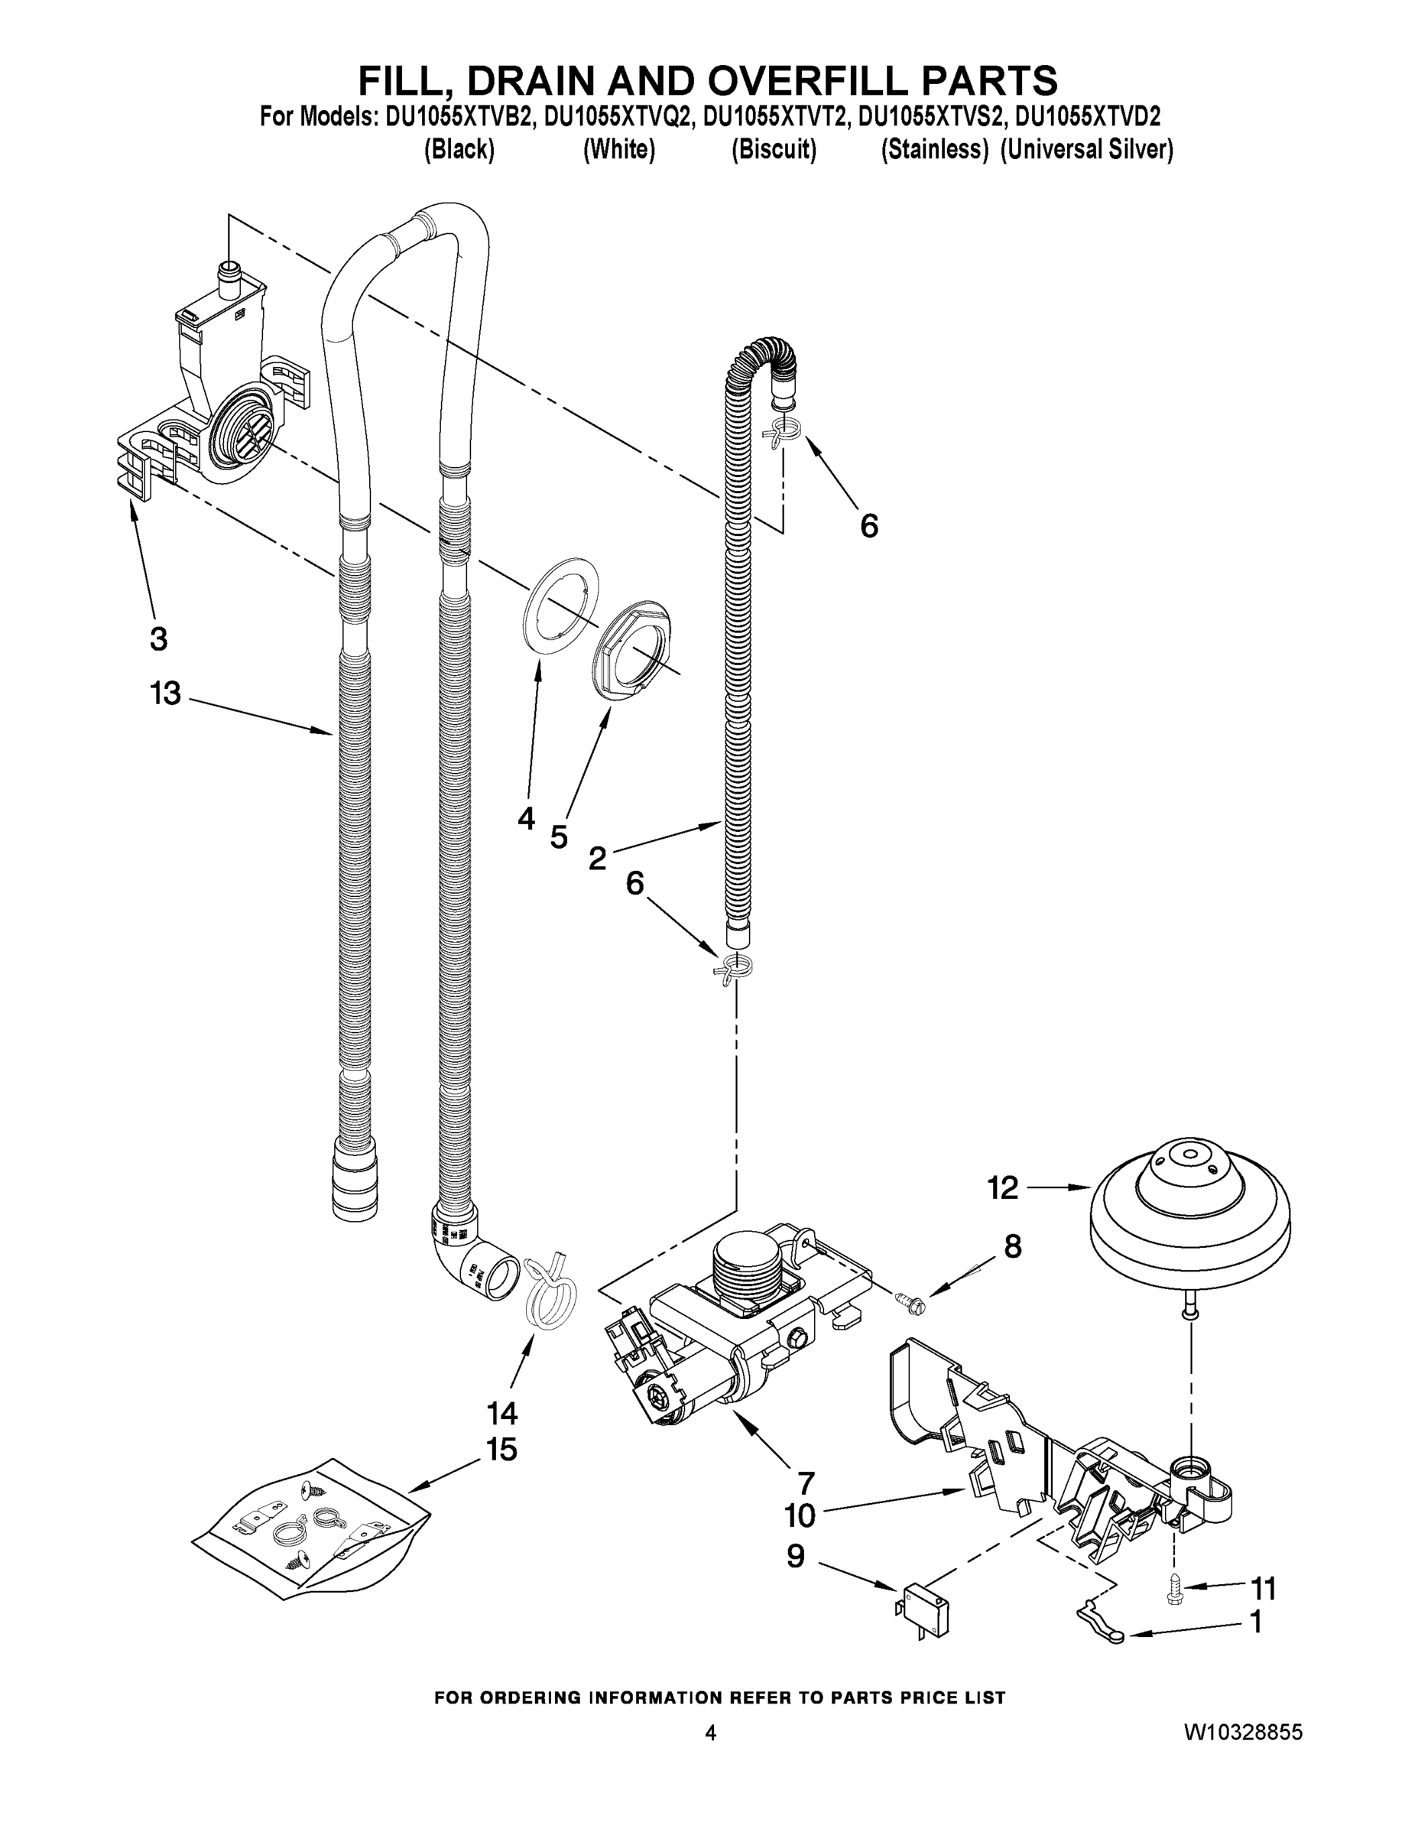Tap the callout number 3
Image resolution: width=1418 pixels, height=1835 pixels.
point(158,638)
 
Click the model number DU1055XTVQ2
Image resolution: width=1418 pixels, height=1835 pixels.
point(619,116)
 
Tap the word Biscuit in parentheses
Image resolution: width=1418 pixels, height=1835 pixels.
point(773,150)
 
